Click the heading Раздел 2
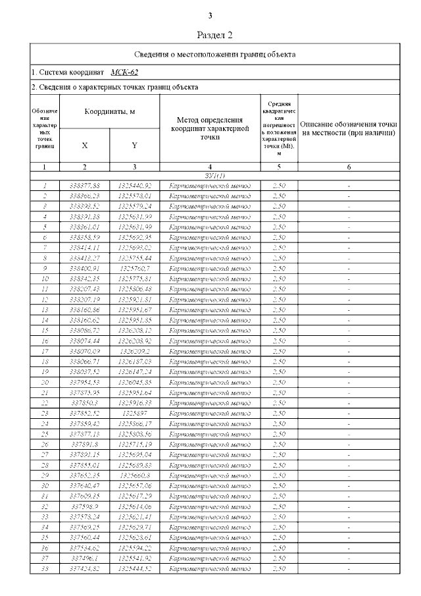click(x=215, y=34)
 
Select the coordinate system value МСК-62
click(x=124, y=72)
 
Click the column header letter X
click(x=84, y=145)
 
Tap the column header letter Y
click(x=134, y=145)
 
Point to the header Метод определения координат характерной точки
click(x=209, y=128)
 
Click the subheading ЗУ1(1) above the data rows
click(x=215, y=176)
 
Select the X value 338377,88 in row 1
click(x=84, y=186)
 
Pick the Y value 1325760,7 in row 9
click(x=135, y=268)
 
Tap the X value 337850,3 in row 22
click(x=84, y=403)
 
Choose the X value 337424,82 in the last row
click(x=84, y=568)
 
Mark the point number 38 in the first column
click(x=44, y=568)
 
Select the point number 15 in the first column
click(x=44, y=331)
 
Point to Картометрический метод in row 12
click(x=209, y=300)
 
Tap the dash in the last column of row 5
click(x=349, y=227)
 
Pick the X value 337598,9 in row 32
click(x=84, y=506)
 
